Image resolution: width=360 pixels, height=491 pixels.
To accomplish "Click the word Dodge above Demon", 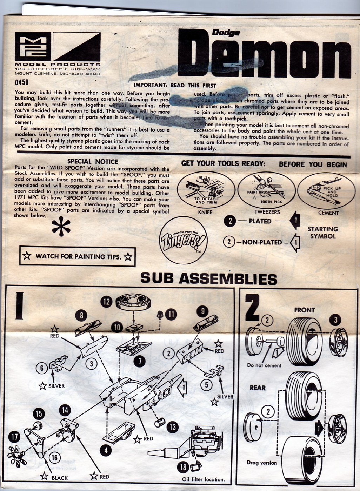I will pos(226,33).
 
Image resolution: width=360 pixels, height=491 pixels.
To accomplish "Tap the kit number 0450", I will pos(22,83).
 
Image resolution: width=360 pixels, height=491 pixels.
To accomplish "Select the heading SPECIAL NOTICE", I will pos(93,161).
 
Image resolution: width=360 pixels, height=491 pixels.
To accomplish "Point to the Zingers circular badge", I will pos(184,241).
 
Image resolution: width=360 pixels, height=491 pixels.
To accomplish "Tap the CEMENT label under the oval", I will pos(328,213).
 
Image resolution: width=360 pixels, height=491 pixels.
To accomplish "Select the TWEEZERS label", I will pos(267,212).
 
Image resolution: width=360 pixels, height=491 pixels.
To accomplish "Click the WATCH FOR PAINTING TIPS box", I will pos(77,257).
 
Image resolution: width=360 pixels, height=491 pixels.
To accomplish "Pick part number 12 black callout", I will pos(106,302).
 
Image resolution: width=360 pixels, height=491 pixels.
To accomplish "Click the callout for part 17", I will pos(15,437).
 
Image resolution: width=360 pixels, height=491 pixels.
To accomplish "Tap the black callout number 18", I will pos(183,467).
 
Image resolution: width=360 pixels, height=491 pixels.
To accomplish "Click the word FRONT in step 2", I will pos(304,310).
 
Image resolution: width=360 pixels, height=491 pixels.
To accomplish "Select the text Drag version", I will pos(262,463).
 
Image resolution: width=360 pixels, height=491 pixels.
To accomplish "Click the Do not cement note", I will pos(264,365).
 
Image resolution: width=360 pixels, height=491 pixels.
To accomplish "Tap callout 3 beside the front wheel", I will pos(335,320).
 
